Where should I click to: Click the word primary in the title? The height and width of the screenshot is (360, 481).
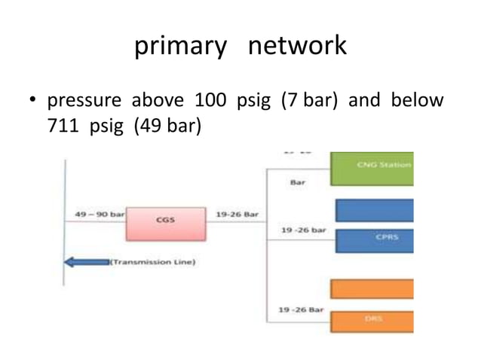[x=180, y=47]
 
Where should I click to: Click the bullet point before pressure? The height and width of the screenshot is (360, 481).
[x=33, y=101]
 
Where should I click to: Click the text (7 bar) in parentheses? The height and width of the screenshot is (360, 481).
[x=311, y=100]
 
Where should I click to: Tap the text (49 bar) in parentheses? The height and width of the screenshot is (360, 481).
[x=167, y=125]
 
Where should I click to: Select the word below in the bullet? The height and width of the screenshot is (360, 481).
[x=417, y=100]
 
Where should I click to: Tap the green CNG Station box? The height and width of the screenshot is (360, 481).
[x=372, y=168]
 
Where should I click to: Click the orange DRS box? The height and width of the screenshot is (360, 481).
[x=372, y=321]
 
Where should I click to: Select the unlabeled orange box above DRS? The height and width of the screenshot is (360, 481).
[x=372, y=288]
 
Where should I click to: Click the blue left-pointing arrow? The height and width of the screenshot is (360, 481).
[x=86, y=262]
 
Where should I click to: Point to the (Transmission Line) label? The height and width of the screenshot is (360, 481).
[x=153, y=262]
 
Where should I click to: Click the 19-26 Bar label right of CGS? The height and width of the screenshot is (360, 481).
[x=237, y=215]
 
